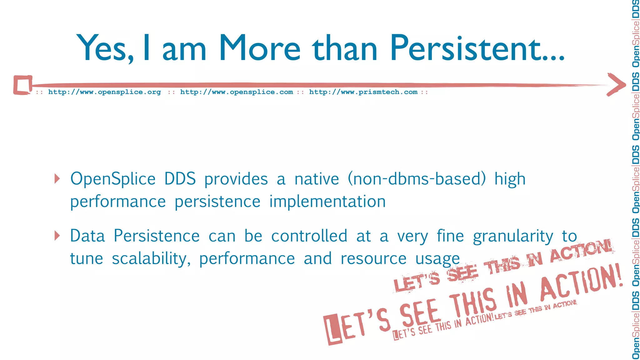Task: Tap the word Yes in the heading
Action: pyautogui.click(x=105, y=48)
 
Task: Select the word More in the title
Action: pyautogui.click(x=259, y=48)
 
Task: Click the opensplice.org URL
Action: pyautogui.click(x=104, y=92)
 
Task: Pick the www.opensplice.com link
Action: pyautogui.click(x=237, y=92)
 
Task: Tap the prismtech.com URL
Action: pyautogui.click(x=363, y=92)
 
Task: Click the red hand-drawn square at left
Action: pyautogui.click(x=22, y=85)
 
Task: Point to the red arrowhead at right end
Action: pyautogui.click(x=616, y=84)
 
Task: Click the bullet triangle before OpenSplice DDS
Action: pyautogui.click(x=57, y=179)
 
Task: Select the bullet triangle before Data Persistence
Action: pyautogui.click(x=57, y=236)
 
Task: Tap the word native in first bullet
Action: pyautogui.click(x=317, y=179)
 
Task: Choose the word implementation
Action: pyautogui.click(x=327, y=202)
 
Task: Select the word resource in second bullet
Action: pyautogui.click(x=373, y=259)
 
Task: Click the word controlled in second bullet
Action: pyautogui.click(x=309, y=236)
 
